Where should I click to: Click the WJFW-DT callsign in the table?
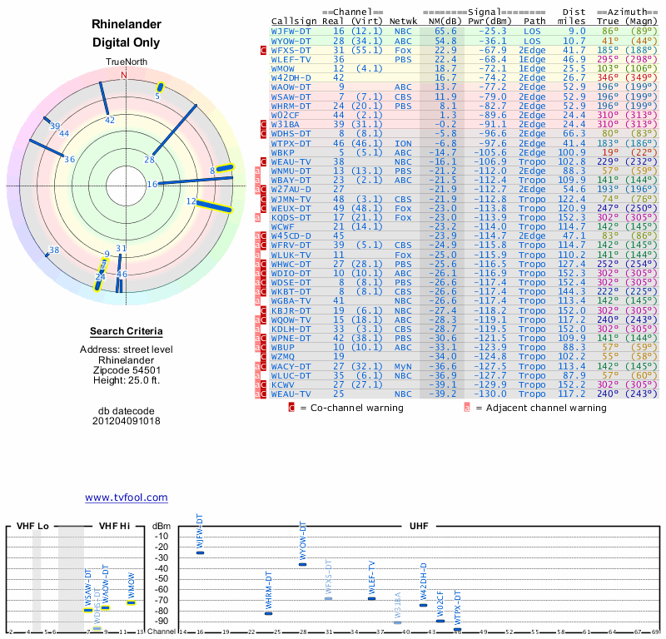coord(291,30)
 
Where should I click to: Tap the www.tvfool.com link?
coord(127,498)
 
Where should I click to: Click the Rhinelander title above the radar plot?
coord(126,24)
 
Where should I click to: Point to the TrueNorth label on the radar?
coord(125,62)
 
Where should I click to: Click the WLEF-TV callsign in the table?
coord(291,60)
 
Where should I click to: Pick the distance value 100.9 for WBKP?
coord(572,153)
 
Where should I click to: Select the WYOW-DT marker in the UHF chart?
coord(302,564)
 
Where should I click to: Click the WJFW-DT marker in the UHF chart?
coord(200,552)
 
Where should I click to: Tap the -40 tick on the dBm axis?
coord(162,567)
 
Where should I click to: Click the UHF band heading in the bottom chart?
coord(419,527)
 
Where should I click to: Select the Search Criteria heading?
coord(125,331)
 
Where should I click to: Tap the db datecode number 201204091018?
coord(126,421)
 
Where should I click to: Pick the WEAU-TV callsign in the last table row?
coord(291,393)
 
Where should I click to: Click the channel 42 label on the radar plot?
coord(110,120)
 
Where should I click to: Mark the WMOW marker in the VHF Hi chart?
coord(132,602)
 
